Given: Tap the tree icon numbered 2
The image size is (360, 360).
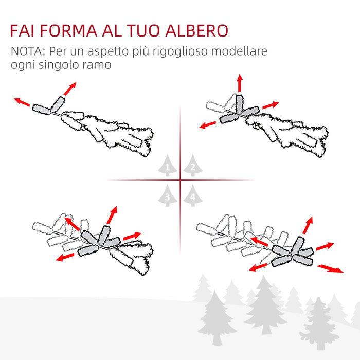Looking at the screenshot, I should [x=192, y=166].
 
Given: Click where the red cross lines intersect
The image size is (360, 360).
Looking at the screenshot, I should [x=180, y=180].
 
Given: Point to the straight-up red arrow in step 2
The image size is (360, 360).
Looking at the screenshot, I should [x=239, y=82].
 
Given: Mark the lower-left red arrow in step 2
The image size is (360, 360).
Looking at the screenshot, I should [x=208, y=124].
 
